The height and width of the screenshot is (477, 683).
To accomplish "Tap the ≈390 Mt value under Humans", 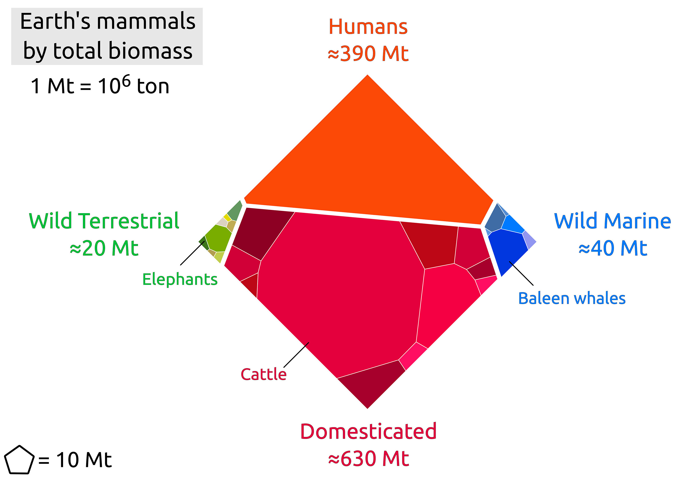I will click(x=368, y=54).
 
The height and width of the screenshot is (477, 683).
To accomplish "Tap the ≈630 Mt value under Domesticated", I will click(x=368, y=459).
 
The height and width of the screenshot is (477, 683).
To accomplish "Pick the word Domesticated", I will click(x=368, y=431).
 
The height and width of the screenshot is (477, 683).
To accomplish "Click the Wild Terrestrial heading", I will click(x=104, y=221).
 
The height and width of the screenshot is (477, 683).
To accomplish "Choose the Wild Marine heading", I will click(x=612, y=221).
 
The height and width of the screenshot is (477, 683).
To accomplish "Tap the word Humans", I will click(x=368, y=27).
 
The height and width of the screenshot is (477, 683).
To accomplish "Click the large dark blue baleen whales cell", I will click(x=506, y=250).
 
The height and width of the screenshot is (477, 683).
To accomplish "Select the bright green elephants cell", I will click(x=218, y=238).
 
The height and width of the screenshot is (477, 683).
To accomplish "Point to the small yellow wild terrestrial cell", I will click(x=227, y=217).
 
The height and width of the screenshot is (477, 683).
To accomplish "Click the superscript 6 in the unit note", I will click(x=126, y=80).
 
